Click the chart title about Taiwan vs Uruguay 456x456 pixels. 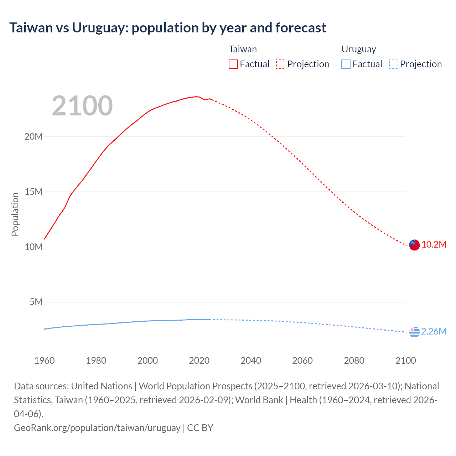pyautogui.click(x=167, y=28)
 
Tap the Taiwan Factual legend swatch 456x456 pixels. pyautogui.click(x=233, y=64)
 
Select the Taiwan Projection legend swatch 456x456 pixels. pyautogui.click(x=281, y=64)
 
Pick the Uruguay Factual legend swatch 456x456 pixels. pyautogui.click(x=346, y=64)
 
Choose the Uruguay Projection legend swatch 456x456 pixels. pyautogui.click(x=394, y=64)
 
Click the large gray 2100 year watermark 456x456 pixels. pyautogui.click(x=82, y=106)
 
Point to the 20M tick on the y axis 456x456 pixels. pyautogui.click(x=33, y=136)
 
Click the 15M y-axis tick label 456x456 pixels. pyautogui.click(x=33, y=192)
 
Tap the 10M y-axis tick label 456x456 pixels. pyautogui.click(x=33, y=247)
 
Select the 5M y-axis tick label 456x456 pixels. pyautogui.click(x=36, y=302)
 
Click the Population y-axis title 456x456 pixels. pyautogui.click(x=15, y=214)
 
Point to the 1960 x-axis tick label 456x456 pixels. pyautogui.click(x=45, y=361)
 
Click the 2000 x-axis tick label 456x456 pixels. pyautogui.click(x=147, y=361)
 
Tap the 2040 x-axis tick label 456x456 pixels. pyautogui.click(x=251, y=361)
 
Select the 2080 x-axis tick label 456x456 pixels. pyautogui.click(x=354, y=361)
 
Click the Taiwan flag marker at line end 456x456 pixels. pyautogui.click(x=414, y=245)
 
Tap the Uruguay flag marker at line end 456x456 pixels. pyautogui.click(x=414, y=332)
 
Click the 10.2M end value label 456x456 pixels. pyautogui.click(x=434, y=245)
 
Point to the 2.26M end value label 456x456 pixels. pyautogui.click(x=434, y=332)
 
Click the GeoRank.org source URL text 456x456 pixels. pyautogui.click(x=97, y=428)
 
